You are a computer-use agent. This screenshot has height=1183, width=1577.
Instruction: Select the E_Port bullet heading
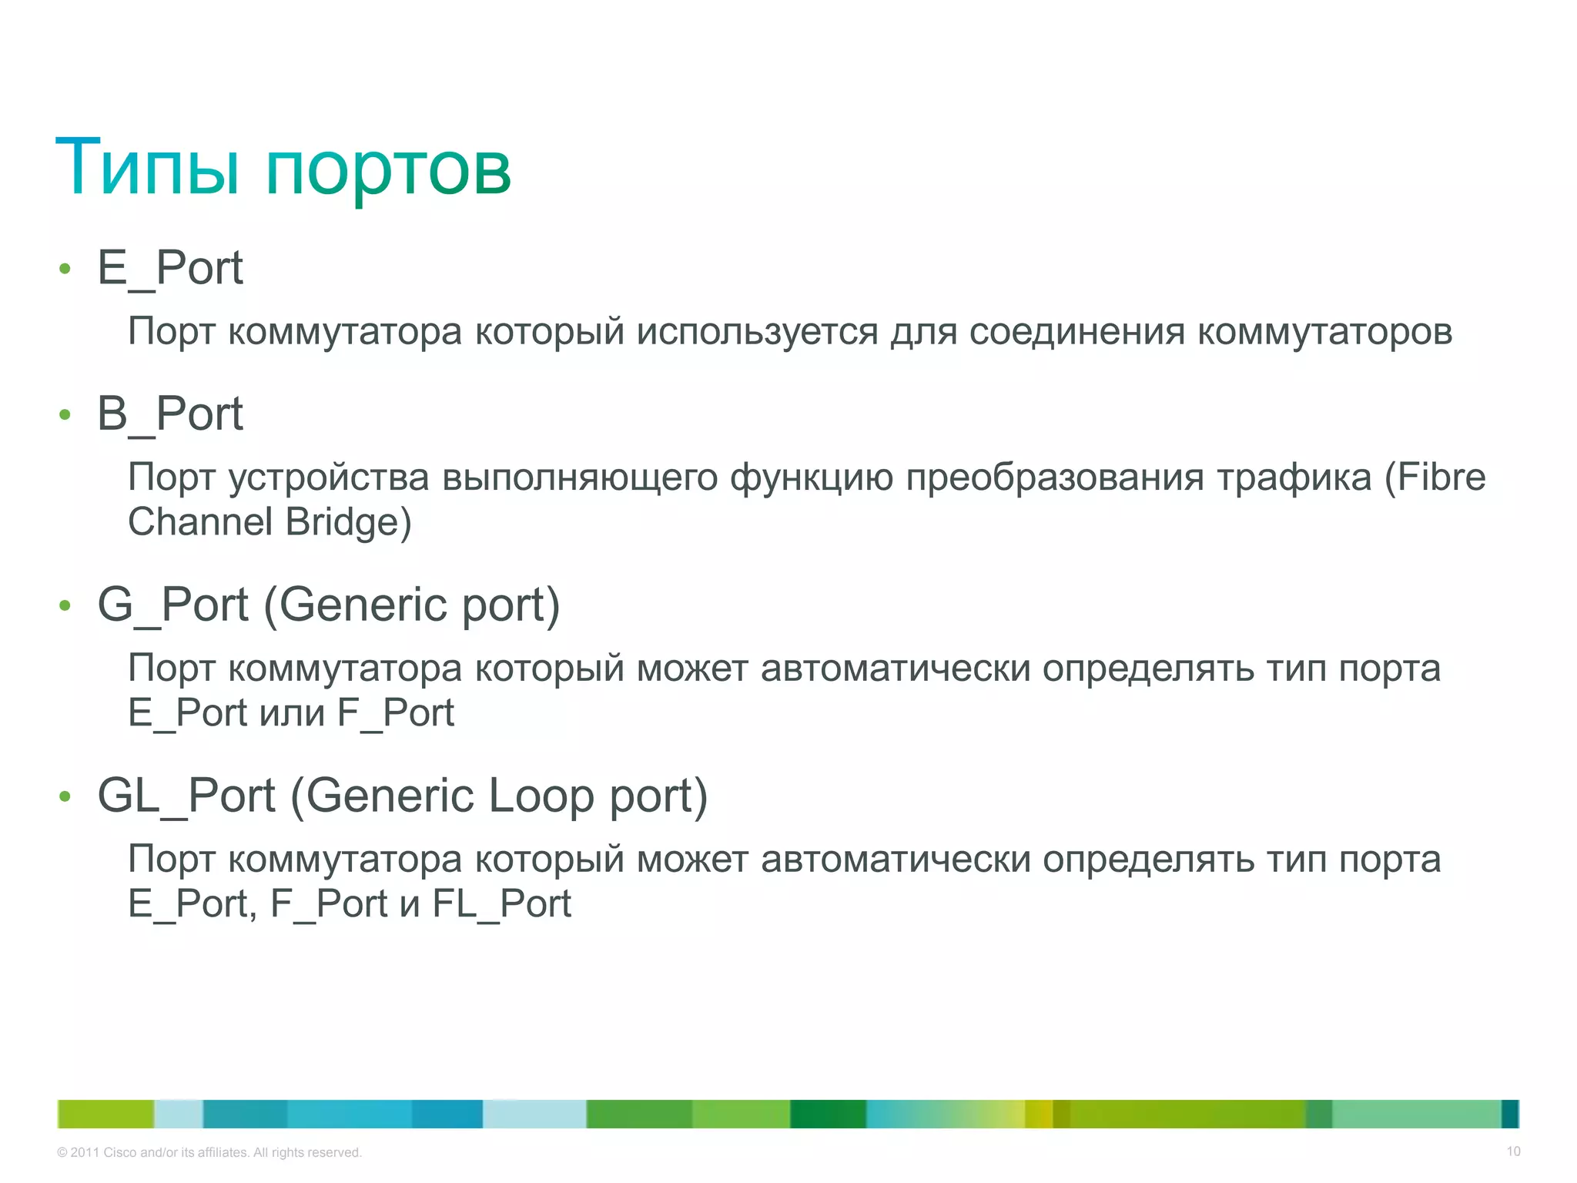pyautogui.click(x=170, y=268)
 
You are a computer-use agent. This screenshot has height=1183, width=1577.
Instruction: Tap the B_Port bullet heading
pyautogui.click(x=170, y=414)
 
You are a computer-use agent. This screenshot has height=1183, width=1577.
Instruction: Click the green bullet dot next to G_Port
pyautogui.click(x=65, y=606)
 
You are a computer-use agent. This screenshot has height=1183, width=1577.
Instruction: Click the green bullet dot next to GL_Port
pyautogui.click(x=65, y=796)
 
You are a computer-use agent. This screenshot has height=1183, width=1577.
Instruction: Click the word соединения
pyautogui.click(x=1076, y=333)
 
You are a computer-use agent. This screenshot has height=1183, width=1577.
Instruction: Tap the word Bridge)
pyautogui.click(x=348, y=522)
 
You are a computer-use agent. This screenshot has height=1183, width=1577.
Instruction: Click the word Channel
pyautogui.click(x=200, y=522)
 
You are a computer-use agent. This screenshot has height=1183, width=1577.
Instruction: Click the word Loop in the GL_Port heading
pyautogui.click(x=541, y=796)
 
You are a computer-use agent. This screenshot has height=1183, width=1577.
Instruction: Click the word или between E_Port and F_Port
pyautogui.click(x=292, y=713)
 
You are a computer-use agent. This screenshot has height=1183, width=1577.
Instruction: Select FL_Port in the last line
pyautogui.click(x=501, y=904)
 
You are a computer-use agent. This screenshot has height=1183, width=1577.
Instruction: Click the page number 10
pyautogui.click(x=1513, y=1151)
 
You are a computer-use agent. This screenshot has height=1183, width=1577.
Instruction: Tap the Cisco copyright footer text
pyautogui.click(x=209, y=1152)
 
